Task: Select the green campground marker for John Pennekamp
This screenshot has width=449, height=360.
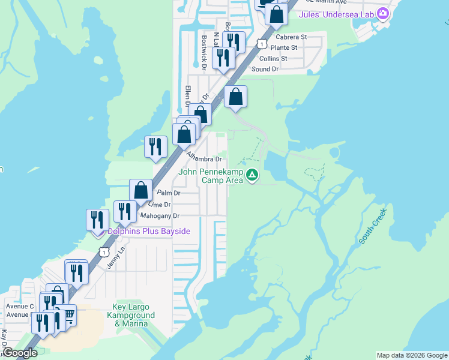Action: (253, 176)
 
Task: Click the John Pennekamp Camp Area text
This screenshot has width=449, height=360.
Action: (211, 176)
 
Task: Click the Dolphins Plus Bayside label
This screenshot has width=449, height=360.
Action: (149, 231)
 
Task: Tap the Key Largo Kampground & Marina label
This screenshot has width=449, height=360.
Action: (134, 315)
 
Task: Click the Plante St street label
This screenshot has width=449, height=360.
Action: (284, 47)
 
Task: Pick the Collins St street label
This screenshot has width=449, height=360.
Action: (273, 58)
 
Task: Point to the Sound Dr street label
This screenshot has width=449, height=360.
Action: (265, 69)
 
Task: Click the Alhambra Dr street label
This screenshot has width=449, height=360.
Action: (204, 157)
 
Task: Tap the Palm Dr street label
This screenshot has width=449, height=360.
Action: (168, 193)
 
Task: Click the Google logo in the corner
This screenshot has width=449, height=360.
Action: (20, 353)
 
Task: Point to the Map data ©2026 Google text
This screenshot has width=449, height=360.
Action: (411, 355)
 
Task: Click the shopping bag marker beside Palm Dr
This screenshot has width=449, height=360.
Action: (140, 190)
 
